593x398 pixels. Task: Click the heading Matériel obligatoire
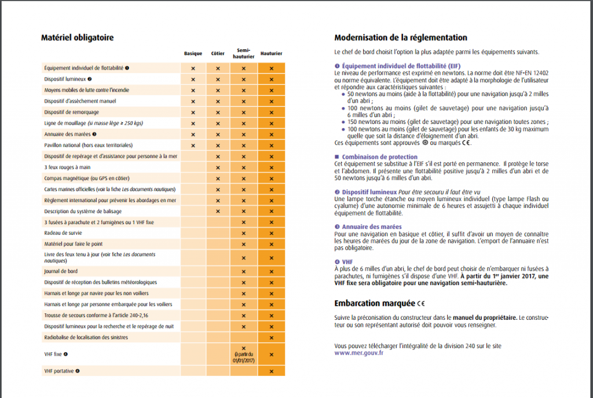(77, 38)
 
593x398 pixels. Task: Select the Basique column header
(193, 54)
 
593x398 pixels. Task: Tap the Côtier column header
(218, 54)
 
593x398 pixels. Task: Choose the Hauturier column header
(271, 54)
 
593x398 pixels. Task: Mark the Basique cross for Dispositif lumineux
(193, 79)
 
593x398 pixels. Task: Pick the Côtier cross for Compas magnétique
(218, 178)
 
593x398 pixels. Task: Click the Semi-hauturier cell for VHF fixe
(244, 353)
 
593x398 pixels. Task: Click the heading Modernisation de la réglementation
(401, 38)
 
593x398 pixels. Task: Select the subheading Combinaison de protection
(379, 157)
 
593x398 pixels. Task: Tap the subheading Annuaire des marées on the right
(372, 227)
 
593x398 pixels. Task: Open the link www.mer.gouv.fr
(358, 352)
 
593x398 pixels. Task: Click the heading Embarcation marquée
(375, 303)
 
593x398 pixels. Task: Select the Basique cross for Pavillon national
(193, 145)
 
